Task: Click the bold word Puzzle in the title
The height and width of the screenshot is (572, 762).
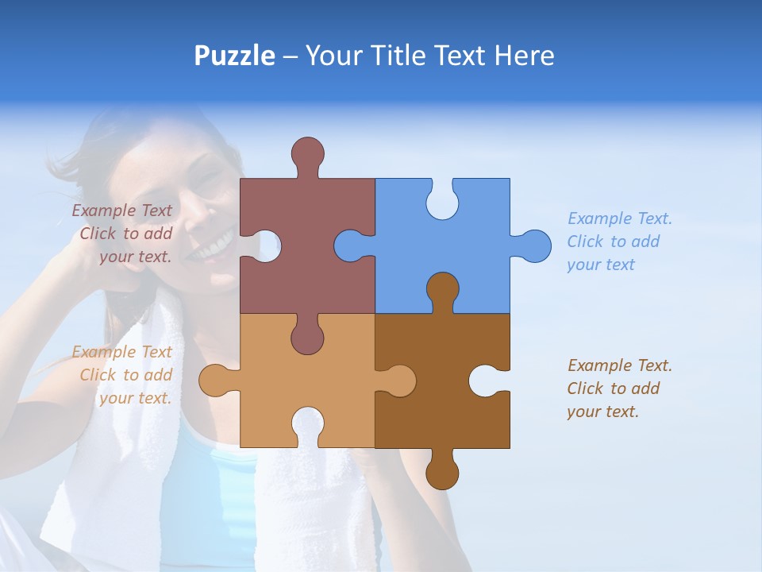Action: point(235,56)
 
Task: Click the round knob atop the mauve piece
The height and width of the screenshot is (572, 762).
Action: point(307,153)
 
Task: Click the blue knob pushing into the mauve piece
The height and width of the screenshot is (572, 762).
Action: point(350,246)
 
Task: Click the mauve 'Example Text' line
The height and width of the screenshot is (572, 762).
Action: point(121,211)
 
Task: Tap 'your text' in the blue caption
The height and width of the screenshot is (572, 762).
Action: point(601,265)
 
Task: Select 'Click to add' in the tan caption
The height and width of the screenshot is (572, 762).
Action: point(126,375)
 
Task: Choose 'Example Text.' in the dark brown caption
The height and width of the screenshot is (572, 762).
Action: point(620,365)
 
